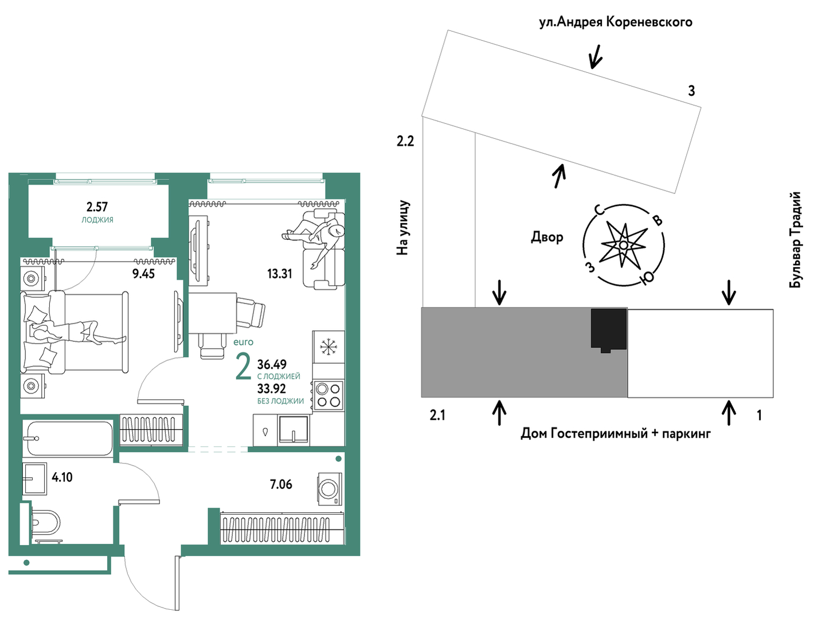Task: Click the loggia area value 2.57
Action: [97, 207]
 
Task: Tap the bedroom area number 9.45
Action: [143, 274]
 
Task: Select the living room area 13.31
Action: [279, 274]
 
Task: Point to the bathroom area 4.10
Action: [62, 477]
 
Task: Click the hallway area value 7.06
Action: [281, 485]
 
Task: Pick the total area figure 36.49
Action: [272, 364]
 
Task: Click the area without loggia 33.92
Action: [272, 388]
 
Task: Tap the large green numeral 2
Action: [244, 367]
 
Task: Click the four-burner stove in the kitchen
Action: [328, 395]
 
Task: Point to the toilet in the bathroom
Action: [45, 523]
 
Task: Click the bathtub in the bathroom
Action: [68, 439]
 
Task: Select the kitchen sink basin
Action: [293, 430]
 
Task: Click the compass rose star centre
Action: [624, 246]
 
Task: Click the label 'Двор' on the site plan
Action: [547, 237]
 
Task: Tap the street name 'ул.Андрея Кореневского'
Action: [616, 22]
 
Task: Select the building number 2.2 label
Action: [405, 141]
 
